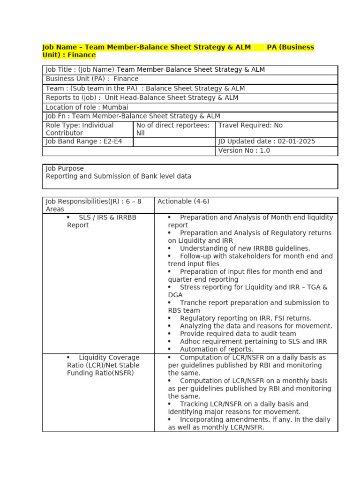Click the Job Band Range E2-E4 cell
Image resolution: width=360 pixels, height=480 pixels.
pos(84,142)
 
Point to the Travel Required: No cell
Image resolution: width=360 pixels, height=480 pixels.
pos(250,126)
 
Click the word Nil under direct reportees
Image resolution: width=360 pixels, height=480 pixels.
pos(141,133)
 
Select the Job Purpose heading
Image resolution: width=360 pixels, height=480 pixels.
pos(65,168)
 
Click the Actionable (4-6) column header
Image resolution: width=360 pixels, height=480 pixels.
pos(183,202)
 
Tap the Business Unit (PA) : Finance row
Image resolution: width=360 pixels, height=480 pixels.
pos(92,79)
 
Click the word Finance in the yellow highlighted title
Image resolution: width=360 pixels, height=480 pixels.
pos(82,55)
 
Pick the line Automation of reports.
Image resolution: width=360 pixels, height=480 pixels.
pos(216,349)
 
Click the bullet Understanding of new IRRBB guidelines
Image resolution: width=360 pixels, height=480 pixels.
pos(245,248)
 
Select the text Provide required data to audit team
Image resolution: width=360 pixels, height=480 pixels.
pos(238,334)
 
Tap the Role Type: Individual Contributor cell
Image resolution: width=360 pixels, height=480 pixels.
pos(80,129)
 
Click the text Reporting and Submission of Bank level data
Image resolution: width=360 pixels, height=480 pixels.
pos(118,176)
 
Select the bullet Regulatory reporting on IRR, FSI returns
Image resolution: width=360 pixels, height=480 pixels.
pos(245,318)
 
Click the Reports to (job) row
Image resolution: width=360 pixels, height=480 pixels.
pos(142,98)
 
